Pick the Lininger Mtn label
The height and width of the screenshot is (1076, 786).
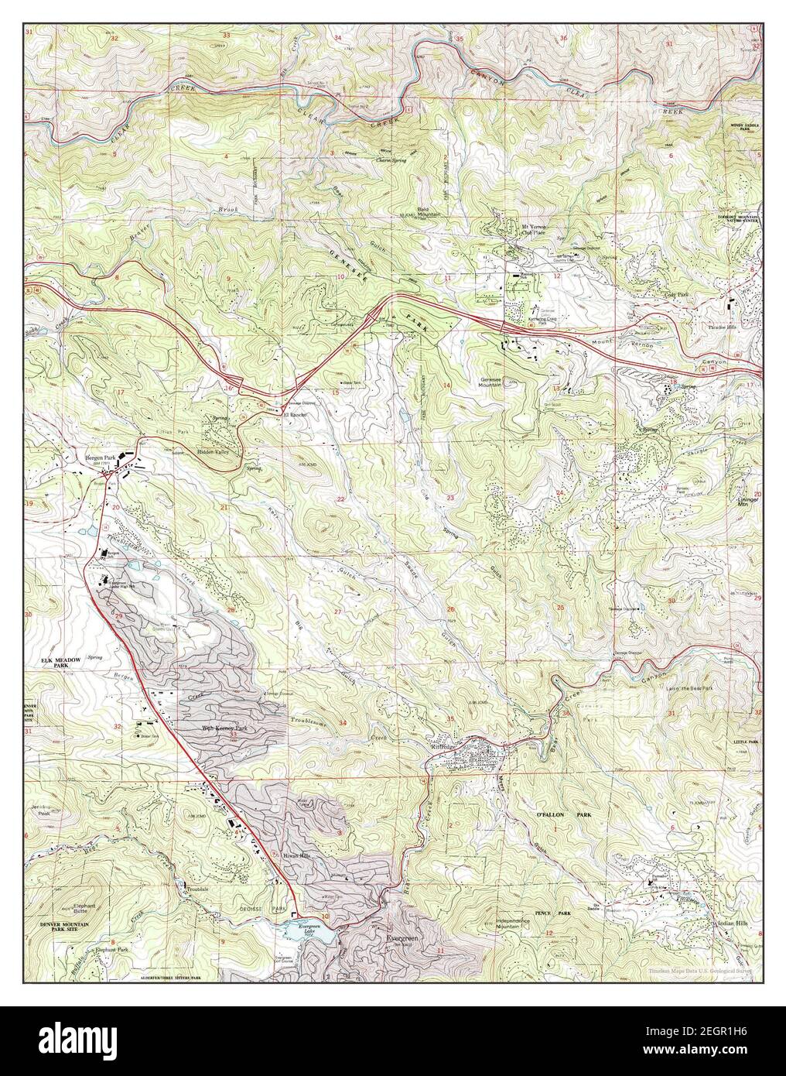tap(747, 503)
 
